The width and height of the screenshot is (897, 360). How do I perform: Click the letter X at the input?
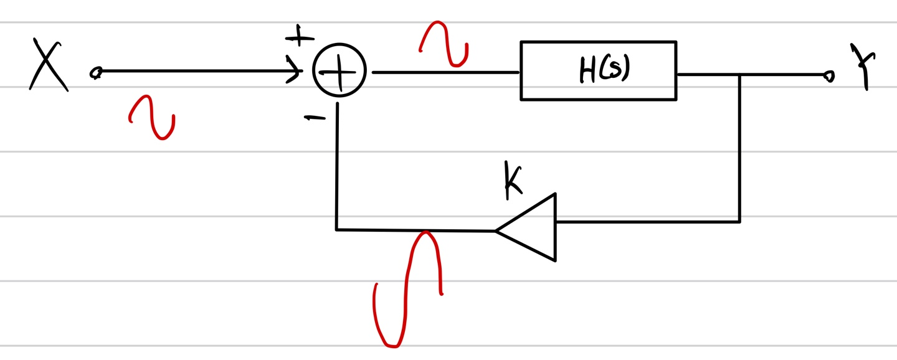pos(48,66)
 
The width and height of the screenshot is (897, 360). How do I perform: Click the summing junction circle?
pos(339,72)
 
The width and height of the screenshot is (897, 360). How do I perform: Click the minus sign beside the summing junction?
pos(314,118)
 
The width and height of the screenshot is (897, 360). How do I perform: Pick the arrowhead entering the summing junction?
pos(295,70)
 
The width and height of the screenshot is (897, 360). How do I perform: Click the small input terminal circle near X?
pos(95,73)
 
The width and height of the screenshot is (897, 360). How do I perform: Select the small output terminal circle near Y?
pos(828,76)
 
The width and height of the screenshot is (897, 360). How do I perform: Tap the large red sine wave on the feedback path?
pos(408,288)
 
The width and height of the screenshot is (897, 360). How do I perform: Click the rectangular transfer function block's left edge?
pos(521,70)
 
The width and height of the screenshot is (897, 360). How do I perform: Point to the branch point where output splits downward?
pos(739,75)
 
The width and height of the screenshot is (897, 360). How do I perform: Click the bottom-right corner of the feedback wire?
pos(739,221)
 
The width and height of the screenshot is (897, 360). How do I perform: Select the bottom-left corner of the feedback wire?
pos(336,229)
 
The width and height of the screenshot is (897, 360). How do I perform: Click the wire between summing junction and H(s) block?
pos(445,72)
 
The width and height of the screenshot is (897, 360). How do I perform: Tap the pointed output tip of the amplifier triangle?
pos(496,231)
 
